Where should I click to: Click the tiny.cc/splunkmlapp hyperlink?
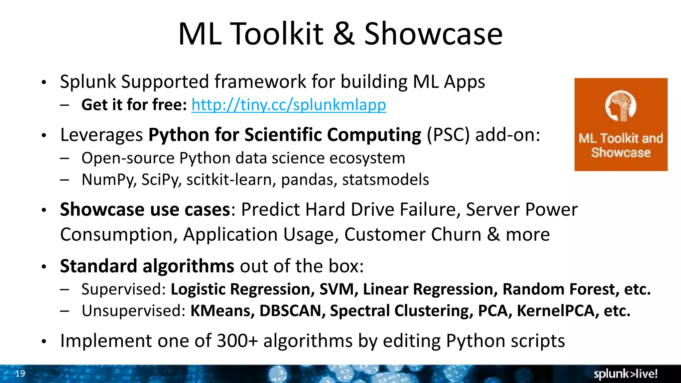pyautogui.click(x=288, y=105)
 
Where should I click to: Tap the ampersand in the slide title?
pyautogui.click(x=343, y=34)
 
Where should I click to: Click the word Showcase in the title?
pyautogui.click(x=433, y=34)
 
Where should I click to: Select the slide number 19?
pyautogui.click(x=20, y=373)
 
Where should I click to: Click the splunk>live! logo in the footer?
pyautogui.click(x=625, y=374)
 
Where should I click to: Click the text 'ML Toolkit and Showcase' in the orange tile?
pyautogui.click(x=621, y=146)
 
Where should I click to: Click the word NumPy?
pyautogui.click(x=108, y=180)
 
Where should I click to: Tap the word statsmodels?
pyautogui.click(x=385, y=180)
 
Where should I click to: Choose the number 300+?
pyautogui.click(x=237, y=341)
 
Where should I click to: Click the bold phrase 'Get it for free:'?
pyautogui.click(x=134, y=105)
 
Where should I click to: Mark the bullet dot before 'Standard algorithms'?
pyautogui.click(x=44, y=267)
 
